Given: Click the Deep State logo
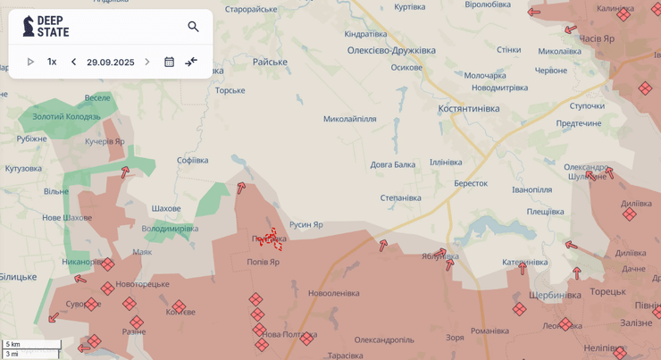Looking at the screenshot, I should tap(46, 26).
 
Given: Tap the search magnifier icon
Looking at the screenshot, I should tap(193, 27).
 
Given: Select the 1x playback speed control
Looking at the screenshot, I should tap(52, 62).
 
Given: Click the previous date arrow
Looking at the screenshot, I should tap(74, 62).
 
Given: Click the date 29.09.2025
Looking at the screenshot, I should tap(110, 63).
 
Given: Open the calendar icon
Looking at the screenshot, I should tap(169, 62).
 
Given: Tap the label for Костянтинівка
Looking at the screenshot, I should tap(468, 108).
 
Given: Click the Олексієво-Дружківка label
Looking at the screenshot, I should tap(391, 50).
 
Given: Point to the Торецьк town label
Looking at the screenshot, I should tap(607, 291).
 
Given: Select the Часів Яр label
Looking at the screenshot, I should tap(597, 38).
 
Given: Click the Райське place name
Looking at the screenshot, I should tap(270, 62).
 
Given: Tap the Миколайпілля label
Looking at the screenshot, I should tap(349, 119).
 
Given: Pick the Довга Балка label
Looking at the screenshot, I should tap(393, 164).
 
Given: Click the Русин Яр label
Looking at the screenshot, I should tap(305, 224).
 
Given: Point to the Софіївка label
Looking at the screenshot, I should tap(192, 160).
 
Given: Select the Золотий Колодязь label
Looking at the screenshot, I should tap(66, 116).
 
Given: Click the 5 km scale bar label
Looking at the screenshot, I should tap(13, 344).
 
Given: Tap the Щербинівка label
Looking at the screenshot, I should tap(555, 295).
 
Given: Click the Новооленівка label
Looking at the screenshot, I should tap(333, 293).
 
